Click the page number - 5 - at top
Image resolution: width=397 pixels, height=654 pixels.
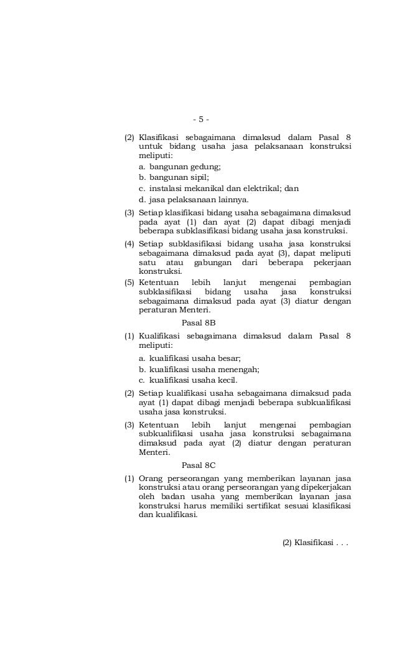(x=201, y=119)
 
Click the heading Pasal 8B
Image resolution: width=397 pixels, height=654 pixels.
(x=198, y=323)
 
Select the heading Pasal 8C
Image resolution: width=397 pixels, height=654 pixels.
(x=198, y=465)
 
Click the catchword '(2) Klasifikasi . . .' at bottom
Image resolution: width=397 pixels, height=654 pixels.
(x=315, y=543)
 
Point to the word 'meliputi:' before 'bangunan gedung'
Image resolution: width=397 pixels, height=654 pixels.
(x=156, y=156)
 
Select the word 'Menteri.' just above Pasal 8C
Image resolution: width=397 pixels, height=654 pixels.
(x=154, y=452)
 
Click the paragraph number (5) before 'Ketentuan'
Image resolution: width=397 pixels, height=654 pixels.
(x=129, y=282)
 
